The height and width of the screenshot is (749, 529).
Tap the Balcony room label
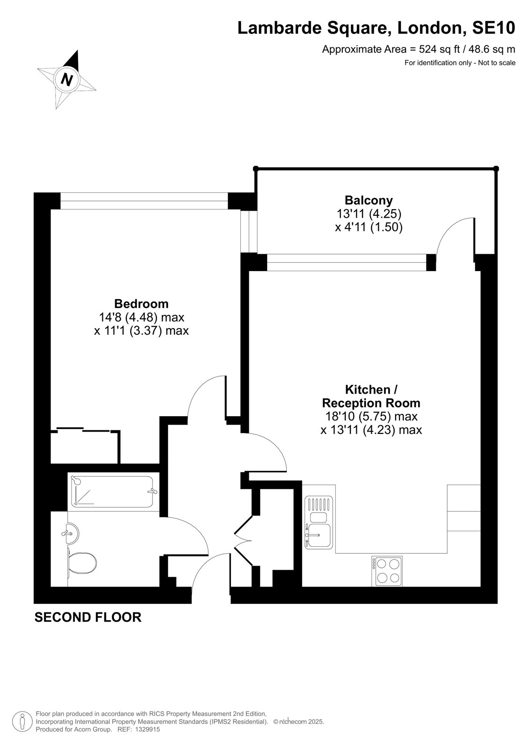tap(369, 200)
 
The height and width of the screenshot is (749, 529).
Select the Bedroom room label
tap(141, 303)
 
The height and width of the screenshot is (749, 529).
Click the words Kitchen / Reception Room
tap(371, 396)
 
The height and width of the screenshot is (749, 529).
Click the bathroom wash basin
tap(72, 534)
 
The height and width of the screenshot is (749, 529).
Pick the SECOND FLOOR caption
tap(88, 617)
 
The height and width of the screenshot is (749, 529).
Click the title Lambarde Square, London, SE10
tap(377, 28)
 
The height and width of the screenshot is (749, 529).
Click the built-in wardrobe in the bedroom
tap(85, 446)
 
